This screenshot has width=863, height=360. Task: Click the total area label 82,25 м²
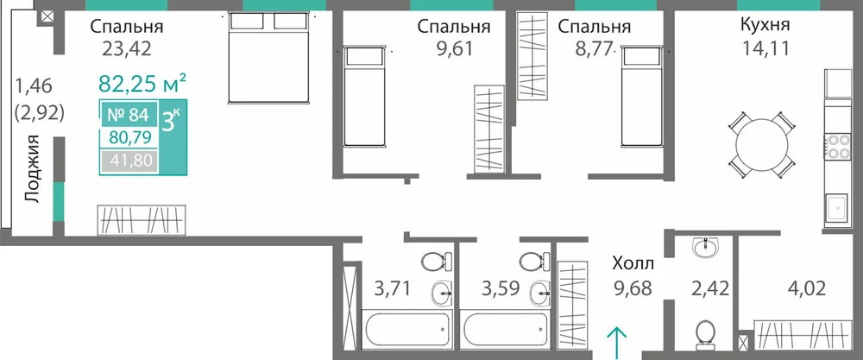pyautogui.click(x=142, y=83)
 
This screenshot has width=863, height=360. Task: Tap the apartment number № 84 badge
pyautogui.click(x=129, y=115)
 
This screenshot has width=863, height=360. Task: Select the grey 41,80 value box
pyautogui.click(x=129, y=162)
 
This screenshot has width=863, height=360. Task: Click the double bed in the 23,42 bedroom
pyautogui.click(x=268, y=58)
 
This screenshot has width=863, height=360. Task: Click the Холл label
pyautogui.click(x=633, y=264)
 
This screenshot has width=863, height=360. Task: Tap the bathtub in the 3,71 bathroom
pyautogui.click(x=406, y=328)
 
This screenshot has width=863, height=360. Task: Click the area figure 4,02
pyautogui.click(x=806, y=287)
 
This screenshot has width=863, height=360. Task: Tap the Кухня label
pyautogui.click(x=765, y=25)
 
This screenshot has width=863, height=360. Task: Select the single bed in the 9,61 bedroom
pyautogui.click(x=363, y=97)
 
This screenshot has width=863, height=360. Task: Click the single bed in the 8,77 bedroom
pyautogui.click(x=641, y=97)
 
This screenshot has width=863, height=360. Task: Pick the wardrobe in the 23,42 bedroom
pyautogui.click(x=142, y=220)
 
